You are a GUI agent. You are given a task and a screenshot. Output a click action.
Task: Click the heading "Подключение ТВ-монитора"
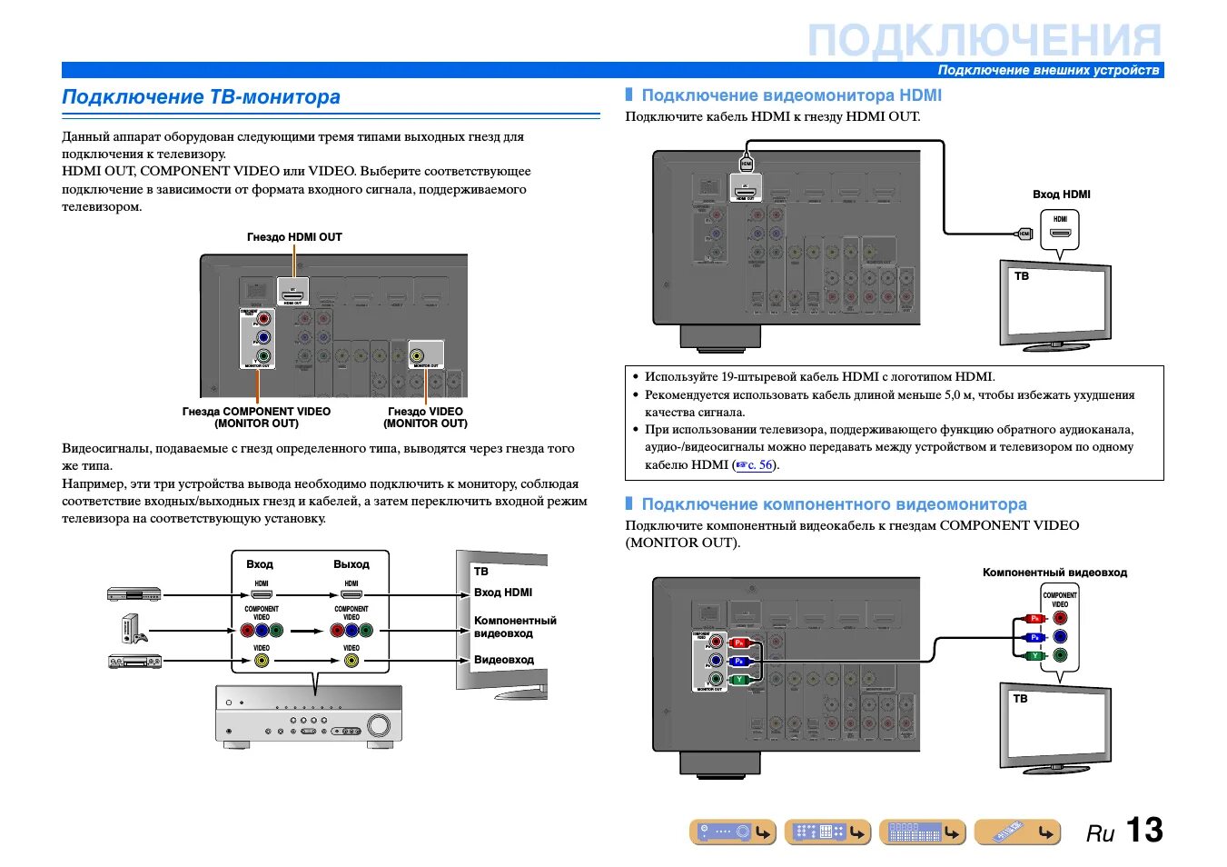click(201, 97)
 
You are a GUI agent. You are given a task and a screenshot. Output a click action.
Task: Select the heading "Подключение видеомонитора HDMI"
click(791, 95)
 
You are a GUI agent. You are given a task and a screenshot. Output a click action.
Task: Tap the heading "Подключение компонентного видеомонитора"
click(834, 504)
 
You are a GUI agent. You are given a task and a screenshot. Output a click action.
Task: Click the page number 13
click(1143, 830)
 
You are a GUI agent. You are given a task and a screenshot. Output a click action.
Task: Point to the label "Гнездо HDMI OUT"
click(294, 237)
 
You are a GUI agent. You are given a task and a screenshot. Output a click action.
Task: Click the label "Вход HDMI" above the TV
click(1061, 194)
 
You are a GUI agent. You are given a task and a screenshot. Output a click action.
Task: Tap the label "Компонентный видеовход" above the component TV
click(1054, 573)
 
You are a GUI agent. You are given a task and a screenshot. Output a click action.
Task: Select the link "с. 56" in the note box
click(760, 465)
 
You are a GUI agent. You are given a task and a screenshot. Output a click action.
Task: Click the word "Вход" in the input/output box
click(260, 564)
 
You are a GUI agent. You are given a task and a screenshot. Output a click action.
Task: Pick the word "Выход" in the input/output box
click(351, 564)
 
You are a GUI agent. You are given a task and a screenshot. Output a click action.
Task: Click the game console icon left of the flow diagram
click(133, 629)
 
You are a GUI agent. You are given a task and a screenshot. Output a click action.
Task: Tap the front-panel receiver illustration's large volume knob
click(379, 725)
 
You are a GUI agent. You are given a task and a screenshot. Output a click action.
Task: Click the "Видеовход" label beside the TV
click(503, 660)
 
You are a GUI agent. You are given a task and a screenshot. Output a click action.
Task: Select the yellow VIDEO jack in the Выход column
click(351, 661)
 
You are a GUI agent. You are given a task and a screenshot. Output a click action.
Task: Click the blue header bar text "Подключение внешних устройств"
click(1048, 70)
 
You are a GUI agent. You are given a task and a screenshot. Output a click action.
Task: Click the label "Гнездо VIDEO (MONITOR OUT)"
click(425, 417)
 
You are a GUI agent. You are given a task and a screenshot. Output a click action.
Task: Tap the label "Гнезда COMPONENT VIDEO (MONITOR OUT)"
click(256, 417)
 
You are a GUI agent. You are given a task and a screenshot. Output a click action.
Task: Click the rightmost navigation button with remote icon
click(1017, 832)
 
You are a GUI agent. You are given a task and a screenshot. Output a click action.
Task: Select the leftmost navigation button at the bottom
click(733, 832)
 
